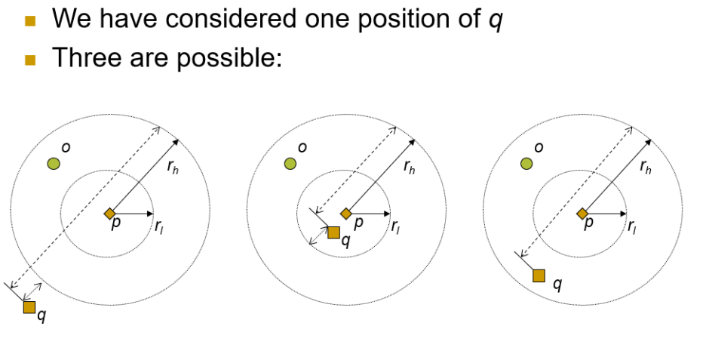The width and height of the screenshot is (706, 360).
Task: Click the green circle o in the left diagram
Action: pos(53,163)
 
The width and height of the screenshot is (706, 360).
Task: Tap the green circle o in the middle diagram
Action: pos(290,163)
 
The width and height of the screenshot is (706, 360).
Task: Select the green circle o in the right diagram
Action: pos(526,163)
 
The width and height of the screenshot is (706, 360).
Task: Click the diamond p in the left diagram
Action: pos(109,214)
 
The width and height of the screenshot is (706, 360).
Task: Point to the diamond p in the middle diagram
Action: pos(346,214)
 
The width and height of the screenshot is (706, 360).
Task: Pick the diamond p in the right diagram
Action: pos(582,214)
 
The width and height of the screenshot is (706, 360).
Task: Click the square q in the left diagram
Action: pos(29,306)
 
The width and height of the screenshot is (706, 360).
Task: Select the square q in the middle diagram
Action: pos(333,232)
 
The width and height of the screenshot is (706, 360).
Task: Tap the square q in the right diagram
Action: pos(539,275)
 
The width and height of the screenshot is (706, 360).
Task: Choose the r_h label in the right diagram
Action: pos(646,167)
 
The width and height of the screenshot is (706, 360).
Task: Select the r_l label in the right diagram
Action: pos(632,226)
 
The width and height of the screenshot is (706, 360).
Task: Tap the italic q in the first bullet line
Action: pos(496,20)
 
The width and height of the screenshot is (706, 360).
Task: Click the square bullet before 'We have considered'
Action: pos(30,20)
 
